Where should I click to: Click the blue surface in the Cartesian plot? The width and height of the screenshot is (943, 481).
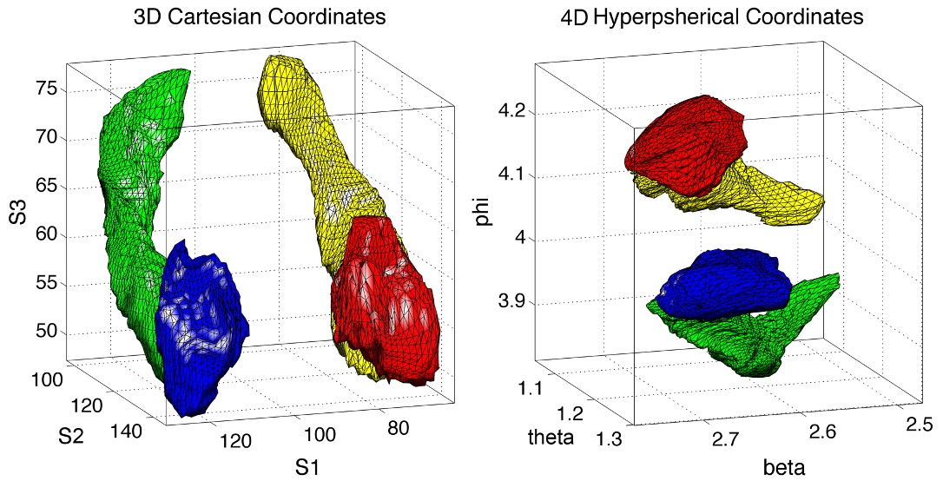(200, 326)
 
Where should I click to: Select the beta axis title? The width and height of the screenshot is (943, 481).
(784, 469)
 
